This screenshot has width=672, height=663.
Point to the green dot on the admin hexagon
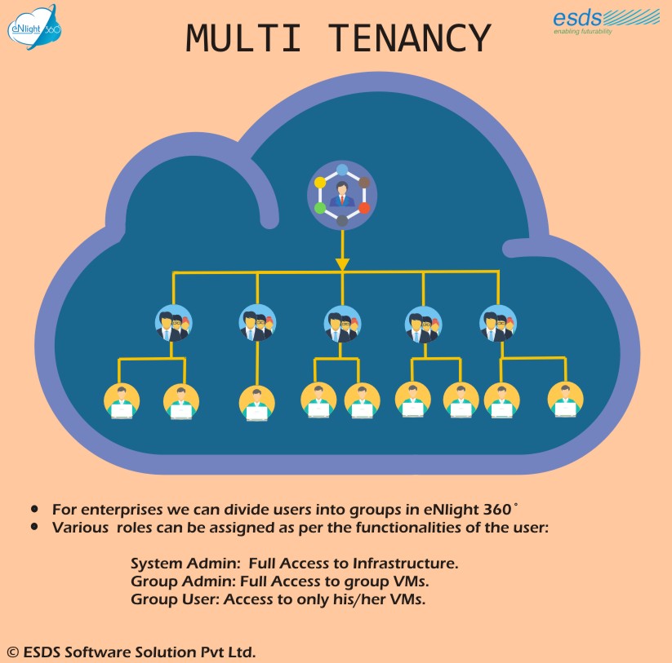point(320,208)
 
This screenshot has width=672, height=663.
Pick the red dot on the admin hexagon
point(364,208)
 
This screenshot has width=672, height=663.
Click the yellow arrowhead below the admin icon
point(342,264)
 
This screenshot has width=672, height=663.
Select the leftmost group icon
point(174,323)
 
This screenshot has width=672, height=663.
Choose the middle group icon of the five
point(342,323)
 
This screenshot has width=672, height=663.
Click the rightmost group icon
point(498,323)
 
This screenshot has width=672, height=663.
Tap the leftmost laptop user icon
point(122,400)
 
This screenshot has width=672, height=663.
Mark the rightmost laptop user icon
point(565,400)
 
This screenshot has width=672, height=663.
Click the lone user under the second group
point(257,403)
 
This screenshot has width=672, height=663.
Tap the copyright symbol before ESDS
point(12,652)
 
